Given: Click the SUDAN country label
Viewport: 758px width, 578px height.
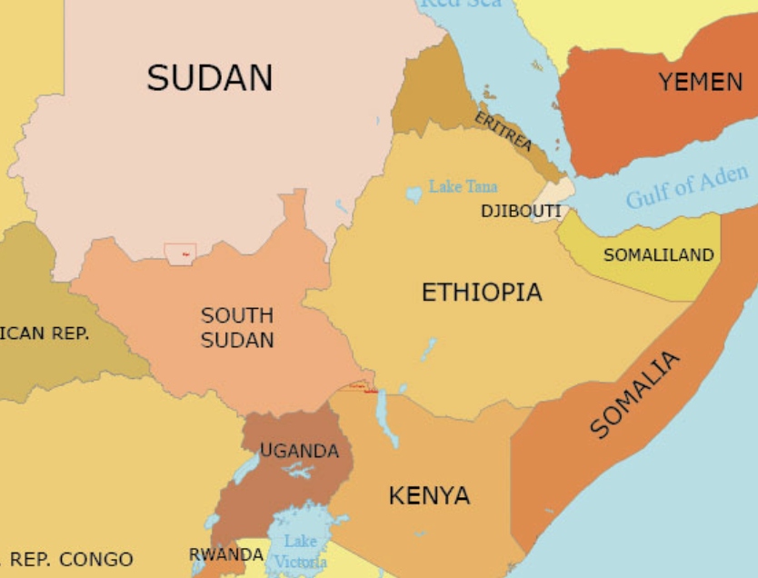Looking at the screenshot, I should pyautogui.click(x=210, y=77).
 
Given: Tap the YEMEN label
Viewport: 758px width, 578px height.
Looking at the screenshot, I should pyautogui.click(x=701, y=82).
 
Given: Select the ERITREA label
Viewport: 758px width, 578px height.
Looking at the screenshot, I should pyautogui.click(x=504, y=132).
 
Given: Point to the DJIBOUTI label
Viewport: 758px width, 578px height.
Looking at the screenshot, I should pyautogui.click(x=521, y=212).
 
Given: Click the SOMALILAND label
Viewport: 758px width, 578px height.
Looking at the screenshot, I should pyautogui.click(x=659, y=255).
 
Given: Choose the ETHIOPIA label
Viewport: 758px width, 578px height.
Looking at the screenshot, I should pyautogui.click(x=482, y=293).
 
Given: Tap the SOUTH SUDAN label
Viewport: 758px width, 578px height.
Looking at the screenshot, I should pyautogui.click(x=237, y=328).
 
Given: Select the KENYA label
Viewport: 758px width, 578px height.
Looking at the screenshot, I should pyautogui.click(x=429, y=496).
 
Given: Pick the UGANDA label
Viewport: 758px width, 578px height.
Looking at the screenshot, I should pyautogui.click(x=299, y=451).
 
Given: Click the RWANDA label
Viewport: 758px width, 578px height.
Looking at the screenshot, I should pyautogui.click(x=225, y=554).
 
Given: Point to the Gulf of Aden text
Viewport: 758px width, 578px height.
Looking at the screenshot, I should pyautogui.click(x=687, y=186).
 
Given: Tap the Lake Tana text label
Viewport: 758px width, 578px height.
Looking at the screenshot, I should pyautogui.click(x=464, y=186).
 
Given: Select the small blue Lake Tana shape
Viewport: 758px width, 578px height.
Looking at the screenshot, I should pyautogui.click(x=414, y=194).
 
